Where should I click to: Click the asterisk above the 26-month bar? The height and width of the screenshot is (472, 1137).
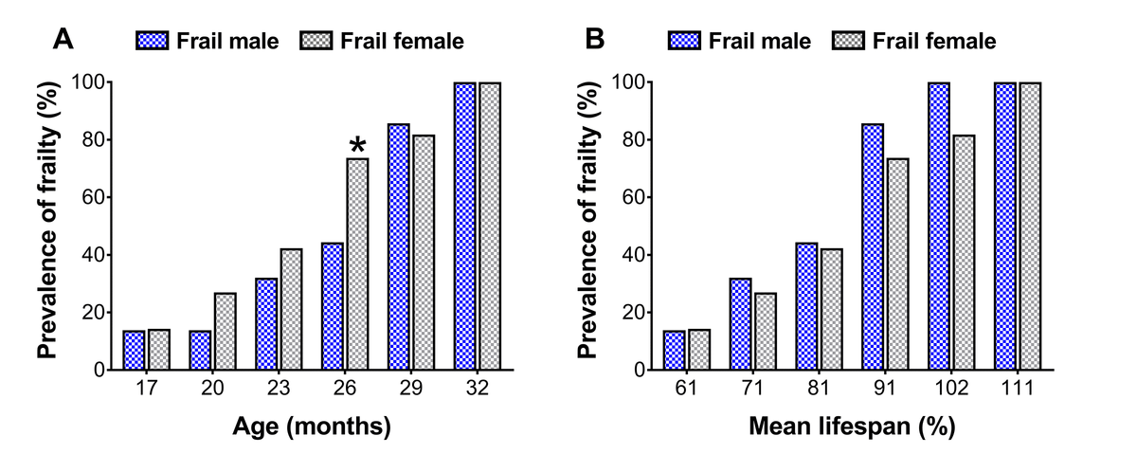pos(357,144)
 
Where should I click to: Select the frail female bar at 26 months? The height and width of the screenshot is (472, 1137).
pos(357,264)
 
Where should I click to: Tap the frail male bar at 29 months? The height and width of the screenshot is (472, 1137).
pos(399,247)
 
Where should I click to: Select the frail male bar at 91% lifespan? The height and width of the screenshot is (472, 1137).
pos(873,247)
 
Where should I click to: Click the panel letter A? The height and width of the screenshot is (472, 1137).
pos(63,39)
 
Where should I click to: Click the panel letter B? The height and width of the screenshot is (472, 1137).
pos(594,39)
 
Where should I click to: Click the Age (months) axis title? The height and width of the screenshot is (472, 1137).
pos(312,427)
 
